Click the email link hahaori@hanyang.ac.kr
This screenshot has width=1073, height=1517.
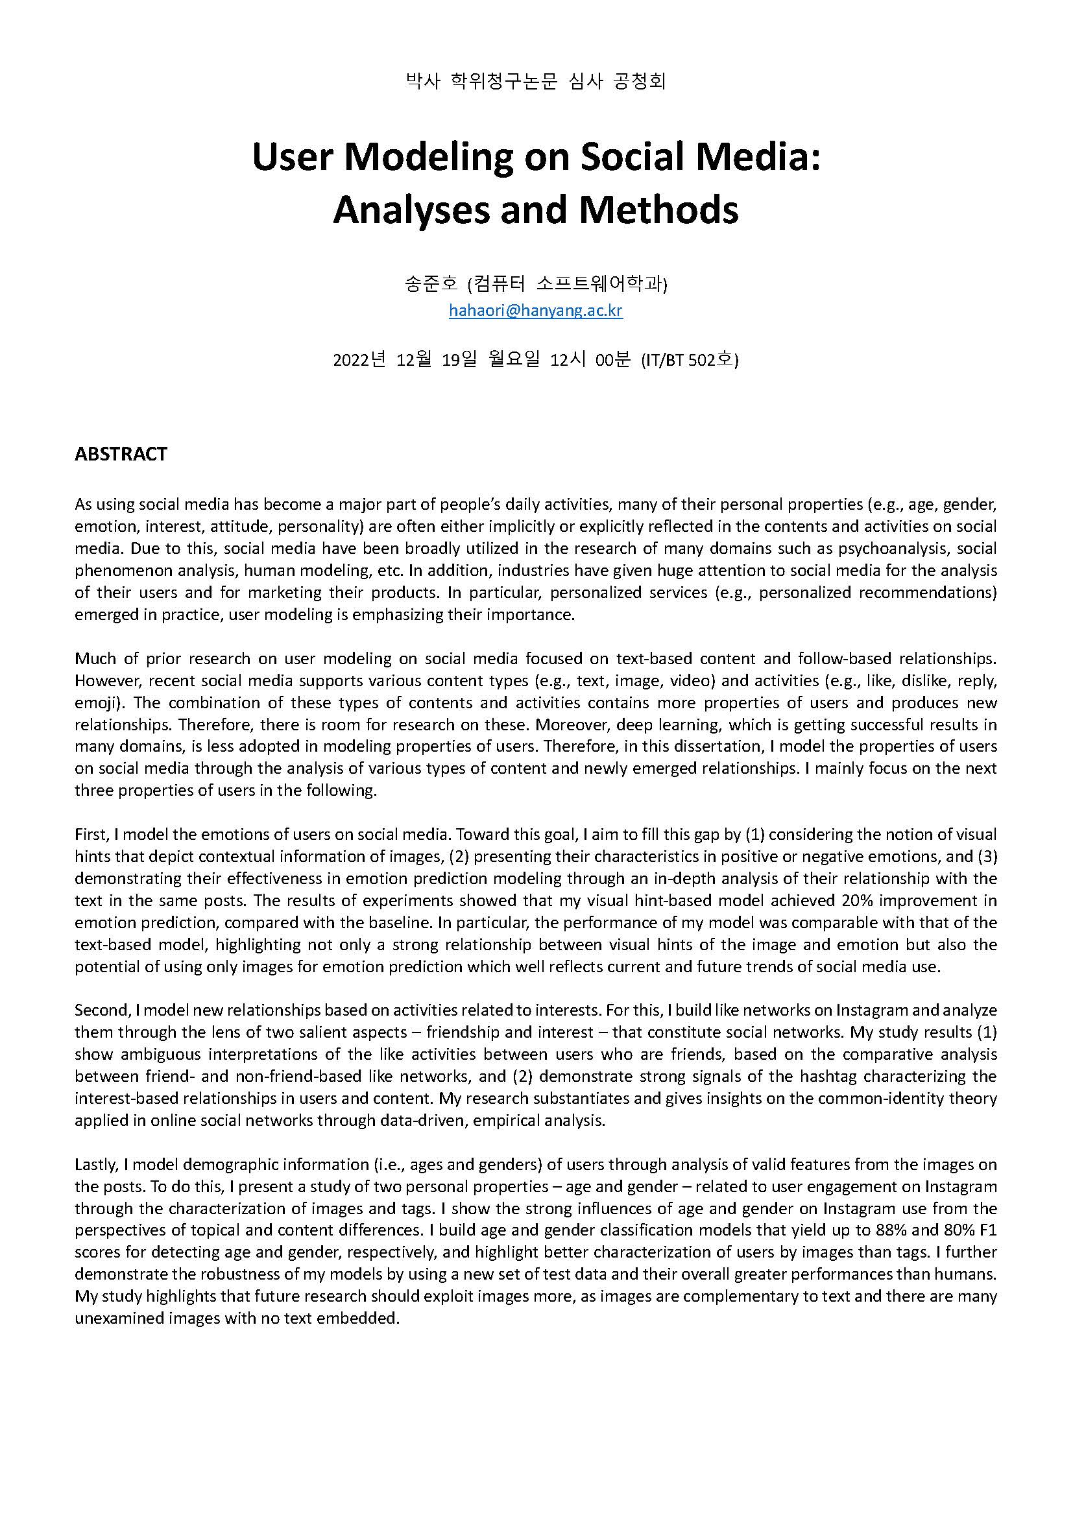click(x=535, y=310)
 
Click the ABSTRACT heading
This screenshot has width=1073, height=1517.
click(x=121, y=454)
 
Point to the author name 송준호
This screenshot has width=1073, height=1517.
click(x=431, y=284)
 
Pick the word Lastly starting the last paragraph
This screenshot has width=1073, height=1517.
click(x=95, y=1164)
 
